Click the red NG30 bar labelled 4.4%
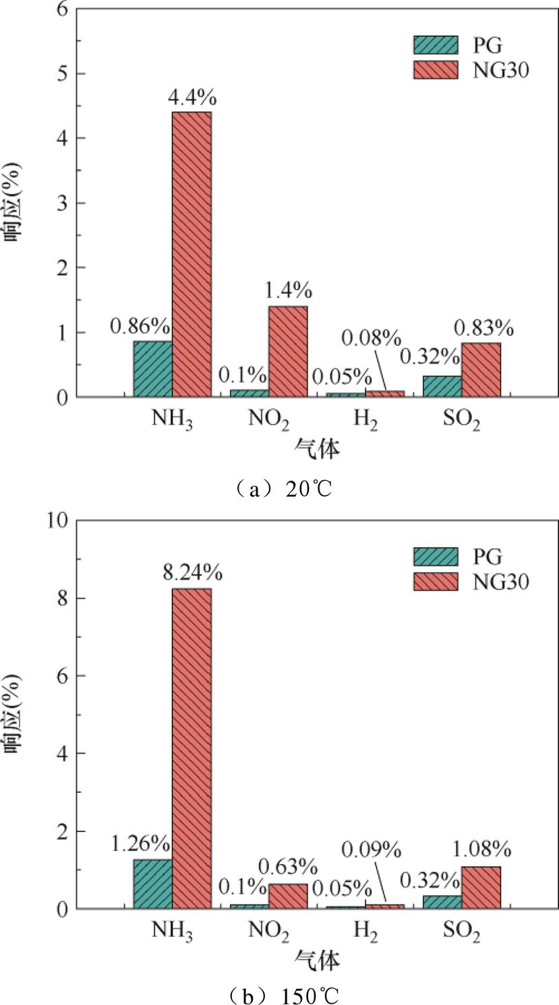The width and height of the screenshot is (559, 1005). click(x=192, y=254)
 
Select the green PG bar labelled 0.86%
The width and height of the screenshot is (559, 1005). click(x=152, y=369)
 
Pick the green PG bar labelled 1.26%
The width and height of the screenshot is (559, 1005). click(x=152, y=884)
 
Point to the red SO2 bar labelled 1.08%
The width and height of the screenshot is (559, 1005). click(x=481, y=887)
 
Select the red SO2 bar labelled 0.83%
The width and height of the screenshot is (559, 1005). click(x=481, y=369)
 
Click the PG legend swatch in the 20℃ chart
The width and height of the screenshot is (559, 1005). click(x=434, y=44)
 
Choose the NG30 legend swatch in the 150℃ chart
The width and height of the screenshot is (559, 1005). click(x=434, y=580)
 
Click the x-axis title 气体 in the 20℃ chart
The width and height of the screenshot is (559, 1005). click(x=316, y=450)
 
